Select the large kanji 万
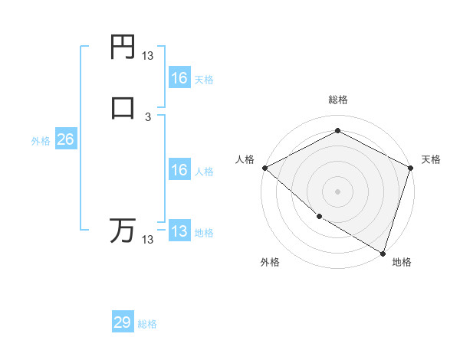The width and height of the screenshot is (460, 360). [123, 231]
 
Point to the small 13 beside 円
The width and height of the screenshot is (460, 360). [148, 56]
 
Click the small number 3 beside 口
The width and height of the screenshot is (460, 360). [148, 116]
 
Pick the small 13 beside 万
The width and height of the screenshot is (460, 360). [148, 240]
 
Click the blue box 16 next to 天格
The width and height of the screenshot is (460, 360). [179, 78]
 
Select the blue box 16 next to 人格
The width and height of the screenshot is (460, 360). [179, 170]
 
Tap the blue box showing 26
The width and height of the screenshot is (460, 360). [65, 139]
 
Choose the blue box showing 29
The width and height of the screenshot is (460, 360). [123, 322]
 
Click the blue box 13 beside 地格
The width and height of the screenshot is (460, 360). [179, 231]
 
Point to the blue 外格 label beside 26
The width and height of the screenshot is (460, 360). [41, 141]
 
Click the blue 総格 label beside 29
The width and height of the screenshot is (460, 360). [147, 324]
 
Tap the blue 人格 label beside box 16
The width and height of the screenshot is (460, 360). [204, 172]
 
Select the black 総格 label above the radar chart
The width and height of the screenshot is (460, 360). [338, 100]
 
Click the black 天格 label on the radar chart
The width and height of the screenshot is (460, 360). [431, 159]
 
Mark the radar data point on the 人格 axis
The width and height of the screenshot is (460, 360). [264, 168]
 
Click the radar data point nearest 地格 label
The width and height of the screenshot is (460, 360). [383, 253]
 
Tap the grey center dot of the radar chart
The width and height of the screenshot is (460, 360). [338, 191]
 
